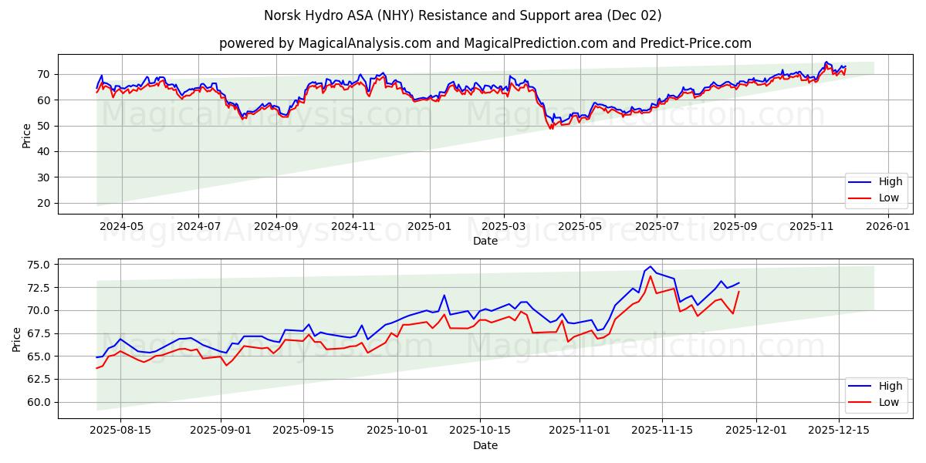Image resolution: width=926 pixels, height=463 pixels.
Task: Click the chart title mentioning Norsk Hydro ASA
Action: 462,15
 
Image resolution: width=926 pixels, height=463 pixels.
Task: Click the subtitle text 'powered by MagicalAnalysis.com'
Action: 325,43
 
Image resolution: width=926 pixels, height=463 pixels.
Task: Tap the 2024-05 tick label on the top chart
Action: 122,227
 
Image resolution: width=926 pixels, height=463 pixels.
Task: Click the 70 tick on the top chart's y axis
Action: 44,74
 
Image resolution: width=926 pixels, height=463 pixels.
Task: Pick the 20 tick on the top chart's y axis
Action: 44,203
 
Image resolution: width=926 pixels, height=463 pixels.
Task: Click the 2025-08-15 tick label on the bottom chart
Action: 120,431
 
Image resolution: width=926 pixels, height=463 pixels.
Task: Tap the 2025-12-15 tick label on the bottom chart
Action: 838,431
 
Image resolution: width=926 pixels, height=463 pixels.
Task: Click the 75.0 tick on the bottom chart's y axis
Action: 37,265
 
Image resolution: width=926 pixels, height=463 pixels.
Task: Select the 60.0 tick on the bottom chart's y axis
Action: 37,402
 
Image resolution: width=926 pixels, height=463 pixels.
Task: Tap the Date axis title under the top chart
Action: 485,241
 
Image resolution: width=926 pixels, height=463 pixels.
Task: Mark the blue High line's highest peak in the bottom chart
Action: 650,266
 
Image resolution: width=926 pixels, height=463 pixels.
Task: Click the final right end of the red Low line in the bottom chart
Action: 738,292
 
